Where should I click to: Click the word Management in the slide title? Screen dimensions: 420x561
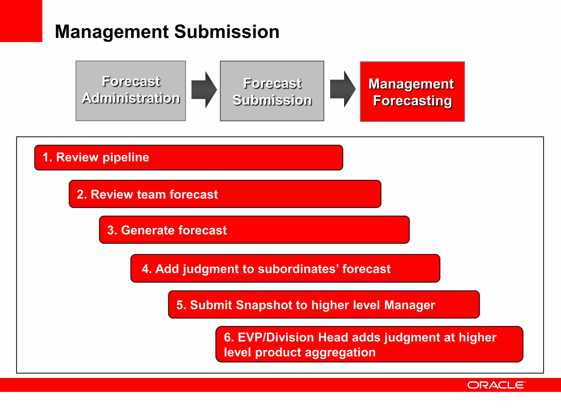point(112,32)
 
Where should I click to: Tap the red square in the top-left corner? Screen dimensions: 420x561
point(21,21)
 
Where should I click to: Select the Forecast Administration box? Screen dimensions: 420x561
point(131,91)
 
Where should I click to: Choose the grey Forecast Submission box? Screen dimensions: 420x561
point(272,91)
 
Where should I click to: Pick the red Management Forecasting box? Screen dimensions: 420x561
point(412,92)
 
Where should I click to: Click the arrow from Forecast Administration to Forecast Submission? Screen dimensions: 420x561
point(204,90)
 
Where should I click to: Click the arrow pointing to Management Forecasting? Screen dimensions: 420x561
point(342,89)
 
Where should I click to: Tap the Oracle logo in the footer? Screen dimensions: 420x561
point(496,385)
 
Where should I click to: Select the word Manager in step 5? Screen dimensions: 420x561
point(410,305)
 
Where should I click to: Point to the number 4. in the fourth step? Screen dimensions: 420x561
point(147,269)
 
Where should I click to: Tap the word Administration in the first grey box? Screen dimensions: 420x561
point(131,98)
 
